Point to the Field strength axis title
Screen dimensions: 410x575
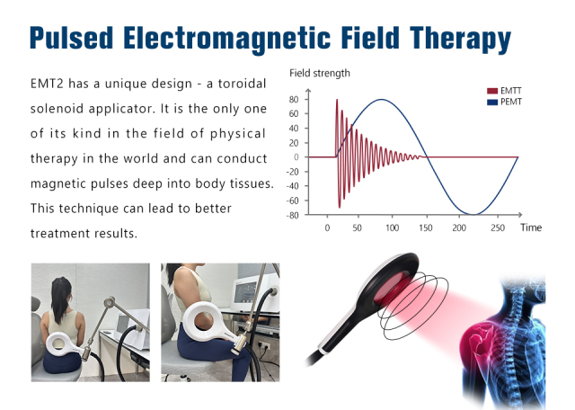pyautogui.click(x=320, y=73)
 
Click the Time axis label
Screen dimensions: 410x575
pyautogui.click(x=531, y=228)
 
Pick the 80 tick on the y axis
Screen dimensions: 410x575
pyautogui.click(x=294, y=99)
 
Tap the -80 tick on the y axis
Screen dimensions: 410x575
pyautogui.click(x=292, y=215)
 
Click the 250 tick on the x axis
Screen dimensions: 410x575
pyautogui.click(x=493, y=228)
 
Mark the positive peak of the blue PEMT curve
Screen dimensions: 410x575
pyautogui.click(x=382, y=100)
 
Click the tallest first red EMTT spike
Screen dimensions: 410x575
pyautogui.click(x=337, y=101)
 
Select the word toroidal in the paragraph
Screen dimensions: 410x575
pyautogui.click(x=243, y=83)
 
